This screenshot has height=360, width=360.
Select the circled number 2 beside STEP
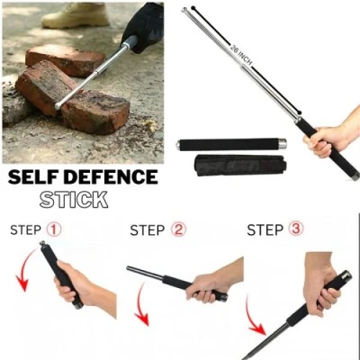click(178, 229)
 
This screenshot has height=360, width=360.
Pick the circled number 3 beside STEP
click(295, 229)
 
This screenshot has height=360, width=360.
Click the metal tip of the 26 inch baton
click(188, 11)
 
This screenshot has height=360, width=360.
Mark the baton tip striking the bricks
click(59, 105)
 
